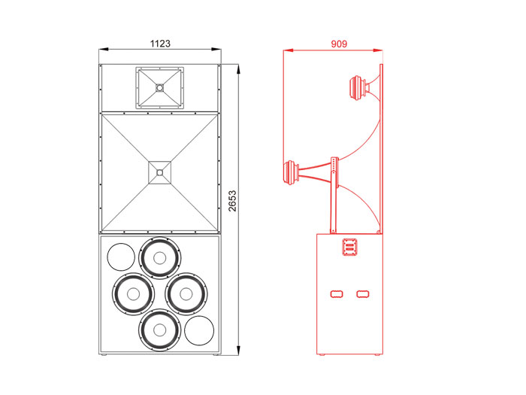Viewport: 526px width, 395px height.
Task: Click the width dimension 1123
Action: pyautogui.click(x=160, y=44)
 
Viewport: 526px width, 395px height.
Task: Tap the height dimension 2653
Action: pyautogui.click(x=232, y=201)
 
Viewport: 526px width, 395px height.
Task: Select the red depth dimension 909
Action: pyautogui.click(x=339, y=44)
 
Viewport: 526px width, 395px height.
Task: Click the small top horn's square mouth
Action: pyautogui.click(x=159, y=88)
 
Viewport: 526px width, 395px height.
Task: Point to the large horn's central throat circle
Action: pyautogui.click(x=159, y=172)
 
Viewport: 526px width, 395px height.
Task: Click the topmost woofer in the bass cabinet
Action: pyautogui.click(x=159, y=258)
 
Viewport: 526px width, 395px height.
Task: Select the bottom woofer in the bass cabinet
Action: pyautogui.click(x=159, y=330)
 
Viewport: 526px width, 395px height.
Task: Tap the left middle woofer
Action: pyautogui.click(x=134, y=294)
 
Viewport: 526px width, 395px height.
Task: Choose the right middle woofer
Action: pyautogui.click(x=186, y=294)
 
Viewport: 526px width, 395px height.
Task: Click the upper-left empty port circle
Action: pyautogui.click(x=121, y=257)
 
